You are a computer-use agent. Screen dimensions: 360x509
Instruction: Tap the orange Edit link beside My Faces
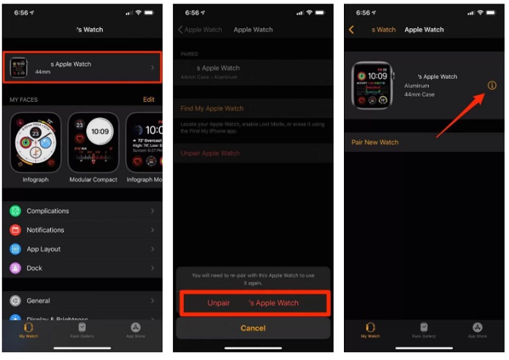[x=148, y=99]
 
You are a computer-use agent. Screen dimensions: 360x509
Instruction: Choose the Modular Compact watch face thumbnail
[x=93, y=143]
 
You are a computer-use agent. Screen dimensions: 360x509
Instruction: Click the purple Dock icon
[x=15, y=268]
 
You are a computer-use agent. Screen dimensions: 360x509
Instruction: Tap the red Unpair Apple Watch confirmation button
[x=252, y=303]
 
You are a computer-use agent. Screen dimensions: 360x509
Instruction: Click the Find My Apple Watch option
[x=212, y=108]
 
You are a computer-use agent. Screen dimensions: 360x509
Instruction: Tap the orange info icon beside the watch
[x=492, y=86]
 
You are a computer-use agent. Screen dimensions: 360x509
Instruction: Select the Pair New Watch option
[x=375, y=143]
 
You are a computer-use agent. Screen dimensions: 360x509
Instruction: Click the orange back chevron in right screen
[x=352, y=30]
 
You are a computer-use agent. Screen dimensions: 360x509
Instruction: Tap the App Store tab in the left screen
[x=135, y=330]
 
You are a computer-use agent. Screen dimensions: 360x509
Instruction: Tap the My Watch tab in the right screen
[x=370, y=330]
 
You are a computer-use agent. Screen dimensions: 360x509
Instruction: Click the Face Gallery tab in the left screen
[x=82, y=330]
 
